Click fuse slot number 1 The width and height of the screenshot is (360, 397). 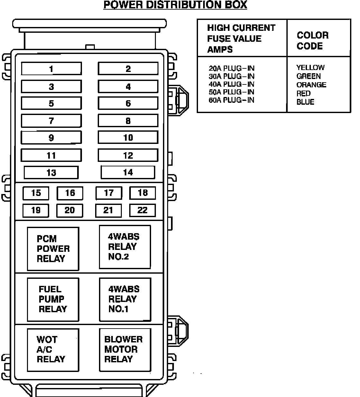[51, 69]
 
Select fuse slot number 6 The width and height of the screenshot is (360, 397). [128, 103]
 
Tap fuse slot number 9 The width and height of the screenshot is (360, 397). [51, 138]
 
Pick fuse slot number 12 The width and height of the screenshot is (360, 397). [128, 155]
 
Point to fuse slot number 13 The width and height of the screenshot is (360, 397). [51, 172]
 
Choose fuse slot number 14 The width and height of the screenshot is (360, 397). [128, 172]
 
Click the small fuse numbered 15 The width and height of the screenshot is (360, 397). [36, 193]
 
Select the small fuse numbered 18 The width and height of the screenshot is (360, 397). [142, 193]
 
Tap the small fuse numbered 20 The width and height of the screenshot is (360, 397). [70, 210]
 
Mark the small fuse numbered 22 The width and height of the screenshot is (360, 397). [142, 210]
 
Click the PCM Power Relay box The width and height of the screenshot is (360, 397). [53, 249]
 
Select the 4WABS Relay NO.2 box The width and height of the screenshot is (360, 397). [125, 247]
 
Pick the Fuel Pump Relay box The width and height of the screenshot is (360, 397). [53, 299]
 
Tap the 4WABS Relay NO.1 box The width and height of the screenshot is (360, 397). [125, 299]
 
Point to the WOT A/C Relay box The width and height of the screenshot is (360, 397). [53, 349]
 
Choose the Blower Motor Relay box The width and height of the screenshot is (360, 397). [125, 349]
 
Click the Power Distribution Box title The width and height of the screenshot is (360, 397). [175, 5]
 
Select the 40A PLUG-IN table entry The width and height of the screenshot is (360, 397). [231, 84]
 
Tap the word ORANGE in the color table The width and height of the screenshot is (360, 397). [311, 85]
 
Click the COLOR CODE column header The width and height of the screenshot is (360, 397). [312, 40]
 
